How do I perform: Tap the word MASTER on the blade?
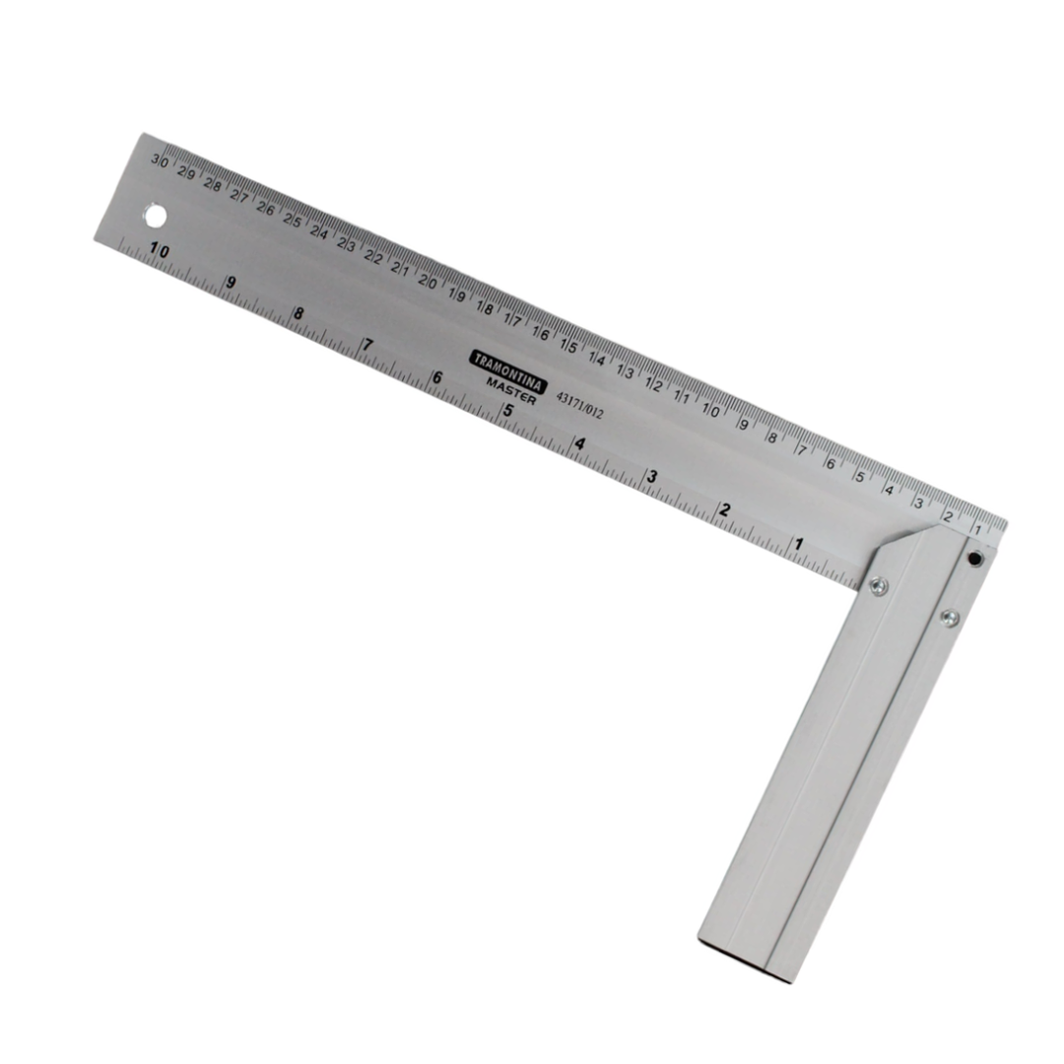click(x=512, y=390)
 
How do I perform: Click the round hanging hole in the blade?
click(x=155, y=214)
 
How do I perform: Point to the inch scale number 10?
click(x=159, y=251)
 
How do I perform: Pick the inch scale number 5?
click(x=508, y=411)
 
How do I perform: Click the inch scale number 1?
click(x=798, y=544)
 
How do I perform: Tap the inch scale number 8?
click(x=299, y=315)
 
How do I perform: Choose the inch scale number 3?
click(x=652, y=477)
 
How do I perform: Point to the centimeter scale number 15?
click(x=568, y=346)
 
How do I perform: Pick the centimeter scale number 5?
click(x=859, y=477)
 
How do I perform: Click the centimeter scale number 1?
click(x=976, y=530)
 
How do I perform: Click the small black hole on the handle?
click(x=974, y=559)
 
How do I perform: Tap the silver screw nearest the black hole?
click(x=949, y=618)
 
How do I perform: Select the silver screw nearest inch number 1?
click(x=877, y=586)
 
